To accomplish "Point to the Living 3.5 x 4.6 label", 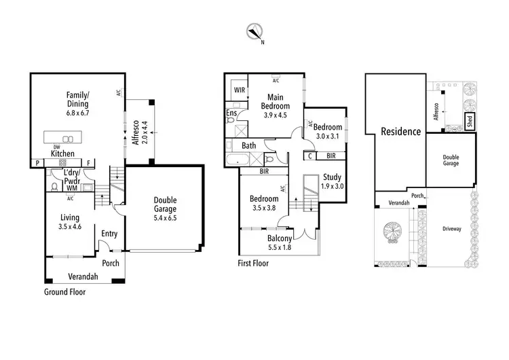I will tap(70, 222).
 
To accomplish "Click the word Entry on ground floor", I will tap(109, 234).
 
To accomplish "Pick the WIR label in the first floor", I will tap(239, 89).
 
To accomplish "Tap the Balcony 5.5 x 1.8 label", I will tap(280, 242).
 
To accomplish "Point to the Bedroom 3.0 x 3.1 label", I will tap(328, 131).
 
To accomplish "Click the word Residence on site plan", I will tap(400, 132).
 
